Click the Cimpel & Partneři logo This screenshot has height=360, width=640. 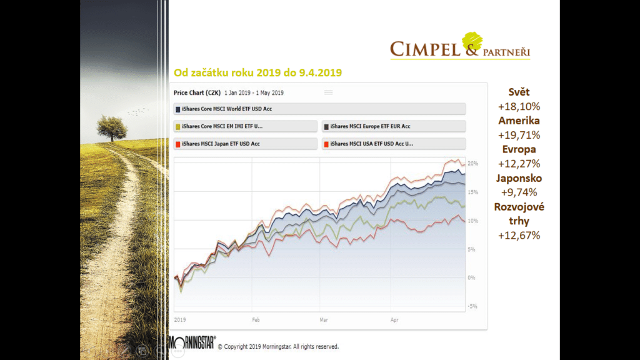click(460, 46)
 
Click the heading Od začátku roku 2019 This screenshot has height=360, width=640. click(257, 73)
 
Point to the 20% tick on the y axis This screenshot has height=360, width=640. click(473, 164)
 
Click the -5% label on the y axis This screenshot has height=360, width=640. click(473, 306)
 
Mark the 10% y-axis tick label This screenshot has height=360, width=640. click(473, 221)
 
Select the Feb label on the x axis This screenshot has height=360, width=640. click(256, 319)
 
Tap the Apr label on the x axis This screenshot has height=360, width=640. click(394, 319)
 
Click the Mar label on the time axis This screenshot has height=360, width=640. click(324, 319)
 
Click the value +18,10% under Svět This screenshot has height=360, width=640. click(519, 106)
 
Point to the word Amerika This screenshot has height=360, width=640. click(519, 121)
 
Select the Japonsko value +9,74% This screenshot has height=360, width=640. click(519, 192)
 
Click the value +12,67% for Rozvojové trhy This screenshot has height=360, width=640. click(519, 236)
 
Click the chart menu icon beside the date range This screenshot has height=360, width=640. click(328, 92)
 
